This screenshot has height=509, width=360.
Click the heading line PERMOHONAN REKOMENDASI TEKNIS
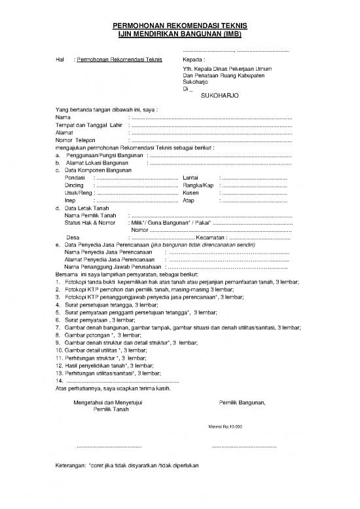pos(180,25)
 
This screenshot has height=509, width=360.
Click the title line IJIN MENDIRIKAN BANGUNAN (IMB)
pos(180,33)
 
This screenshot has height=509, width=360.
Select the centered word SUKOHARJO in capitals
pos(220,95)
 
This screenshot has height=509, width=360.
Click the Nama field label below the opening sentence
pos(63,117)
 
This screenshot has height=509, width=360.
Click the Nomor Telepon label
pos(76,140)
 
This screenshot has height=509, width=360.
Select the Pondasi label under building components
pos(75,178)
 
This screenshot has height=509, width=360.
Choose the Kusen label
pos(190,193)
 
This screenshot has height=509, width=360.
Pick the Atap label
pos(189,200)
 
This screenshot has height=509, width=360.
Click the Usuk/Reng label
pos(79,193)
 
